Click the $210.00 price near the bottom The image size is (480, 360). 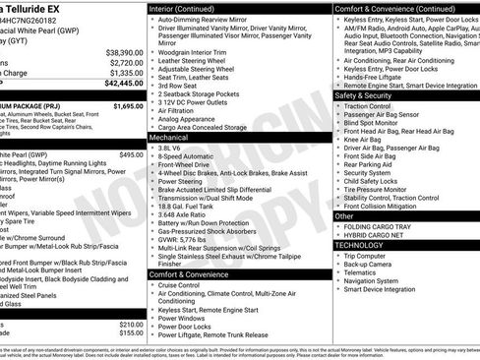click(x=131, y=324)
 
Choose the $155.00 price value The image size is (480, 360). click(x=131, y=333)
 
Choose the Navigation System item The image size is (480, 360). click(x=378, y=281)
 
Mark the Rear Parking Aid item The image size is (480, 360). click(x=373, y=164)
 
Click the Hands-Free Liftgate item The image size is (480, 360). click(x=378, y=78)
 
